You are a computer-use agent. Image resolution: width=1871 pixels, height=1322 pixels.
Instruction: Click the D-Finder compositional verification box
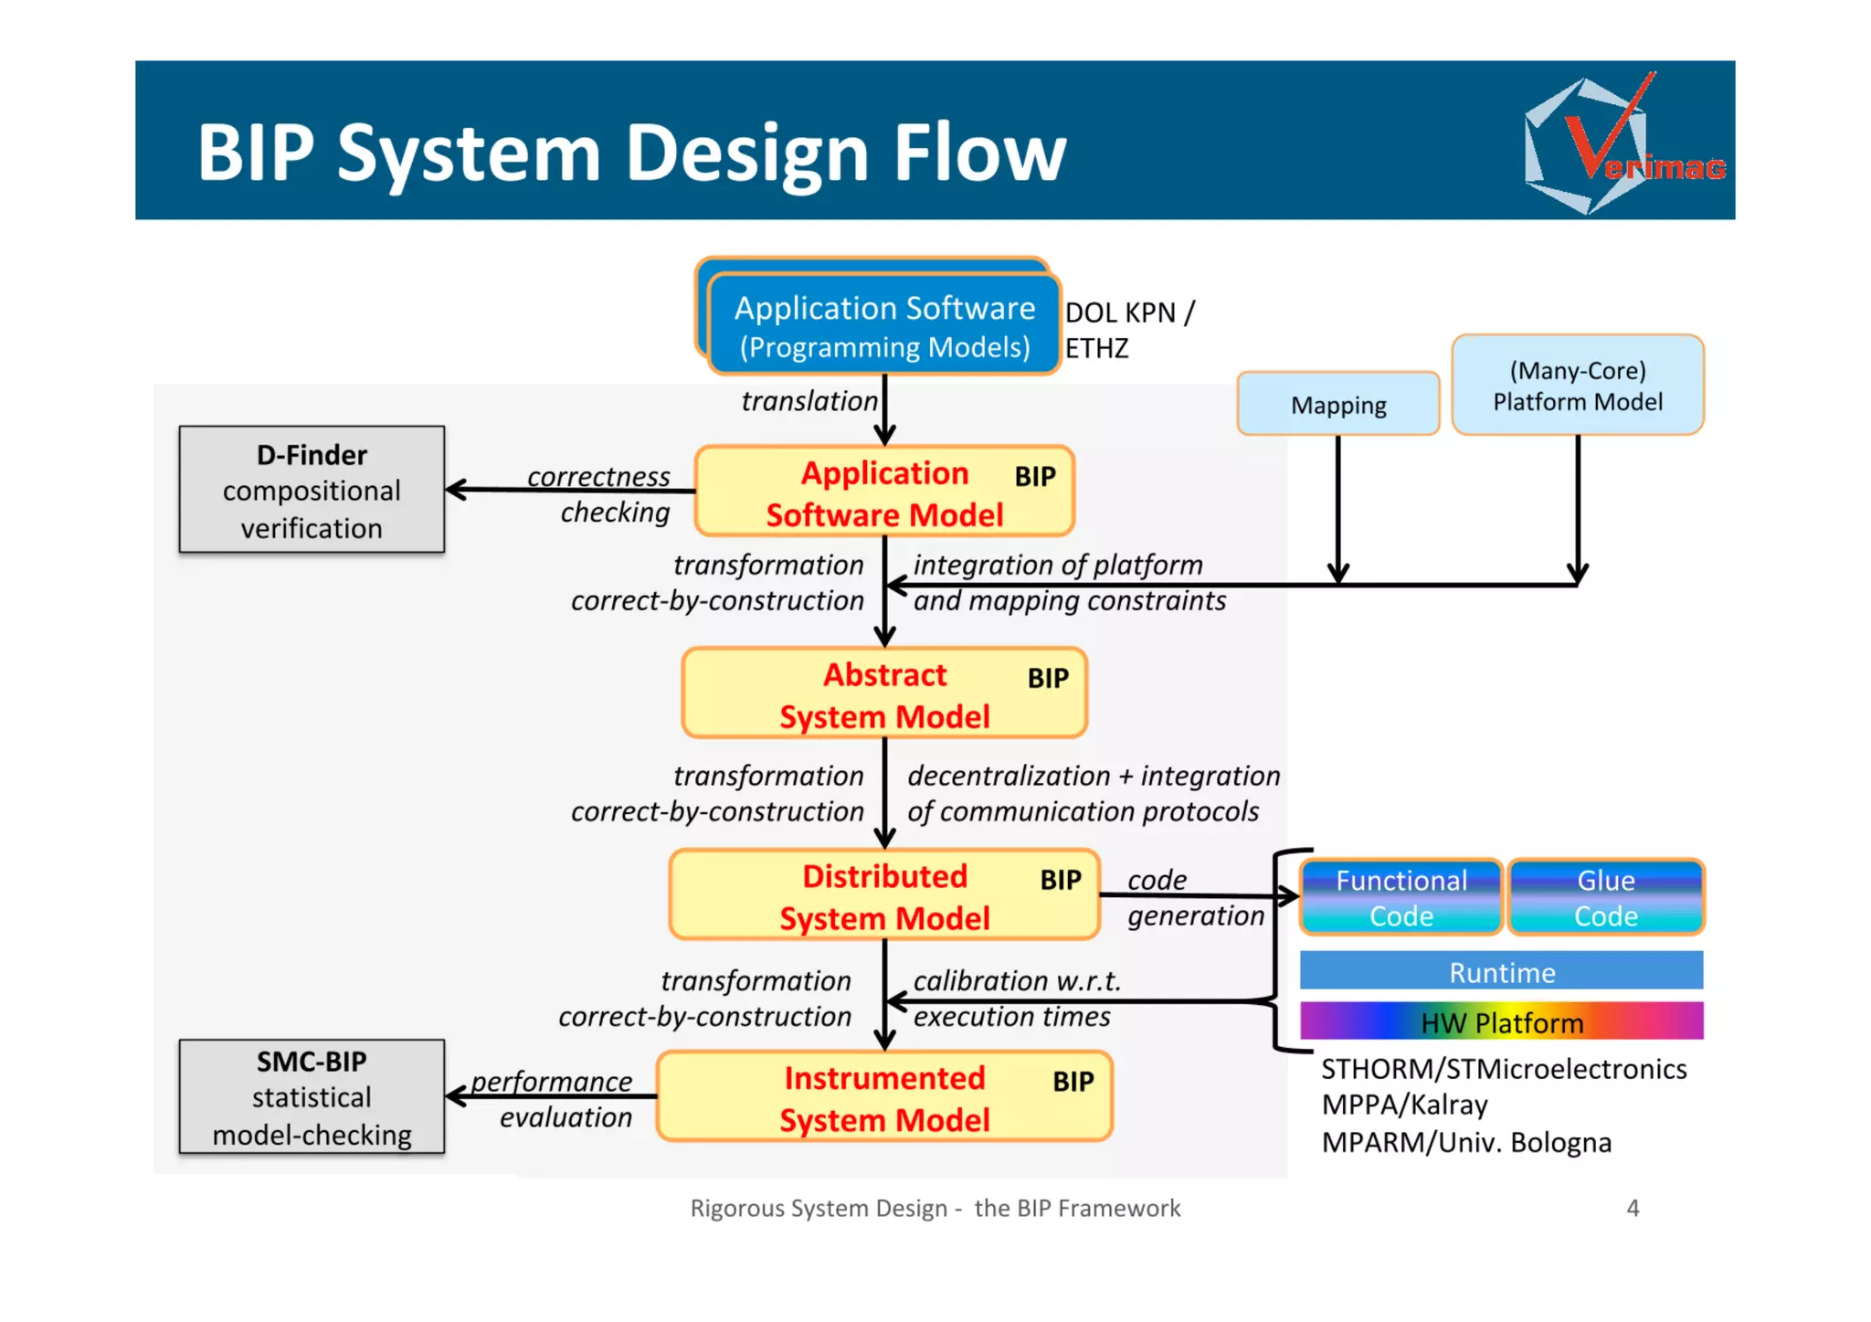[312, 490]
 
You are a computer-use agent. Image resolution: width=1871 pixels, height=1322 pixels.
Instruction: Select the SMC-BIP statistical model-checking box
[312, 1096]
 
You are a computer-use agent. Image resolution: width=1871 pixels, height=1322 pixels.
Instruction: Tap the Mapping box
[1337, 404]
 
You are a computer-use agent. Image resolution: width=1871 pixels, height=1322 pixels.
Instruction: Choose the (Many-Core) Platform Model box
[1577, 386]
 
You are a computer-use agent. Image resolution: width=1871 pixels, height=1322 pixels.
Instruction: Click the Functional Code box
[1401, 897]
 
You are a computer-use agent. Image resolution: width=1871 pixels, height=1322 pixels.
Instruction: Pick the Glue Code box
[1605, 897]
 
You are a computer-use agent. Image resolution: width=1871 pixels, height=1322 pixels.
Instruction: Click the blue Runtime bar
[1501, 971]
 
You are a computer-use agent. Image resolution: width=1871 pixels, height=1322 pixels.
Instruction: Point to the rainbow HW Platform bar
[1501, 1021]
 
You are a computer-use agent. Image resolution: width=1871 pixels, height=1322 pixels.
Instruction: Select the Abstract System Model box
[883, 694]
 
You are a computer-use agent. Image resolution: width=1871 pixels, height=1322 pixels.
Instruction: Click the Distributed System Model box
[883, 896]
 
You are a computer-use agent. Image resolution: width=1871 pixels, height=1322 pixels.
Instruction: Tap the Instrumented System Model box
[883, 1097]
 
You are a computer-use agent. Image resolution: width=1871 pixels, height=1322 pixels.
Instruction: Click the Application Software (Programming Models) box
[883, 327]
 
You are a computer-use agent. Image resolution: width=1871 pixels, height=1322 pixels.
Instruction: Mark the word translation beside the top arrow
[809, 401]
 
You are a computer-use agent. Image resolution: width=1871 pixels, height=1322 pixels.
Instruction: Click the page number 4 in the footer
[1633, 1208]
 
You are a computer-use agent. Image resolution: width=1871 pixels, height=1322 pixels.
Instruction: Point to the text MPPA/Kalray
[1404, 1105]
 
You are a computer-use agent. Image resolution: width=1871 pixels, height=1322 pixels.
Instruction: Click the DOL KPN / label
[1129, 312]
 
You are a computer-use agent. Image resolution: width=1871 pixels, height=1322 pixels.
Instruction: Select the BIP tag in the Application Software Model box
[1034, 476]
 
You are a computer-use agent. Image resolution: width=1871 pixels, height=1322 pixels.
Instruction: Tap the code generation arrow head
[1290, 896]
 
